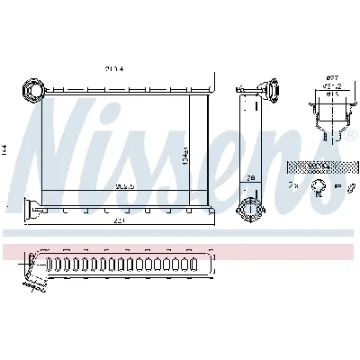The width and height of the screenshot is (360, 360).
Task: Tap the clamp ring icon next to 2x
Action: [x=318, y=187]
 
